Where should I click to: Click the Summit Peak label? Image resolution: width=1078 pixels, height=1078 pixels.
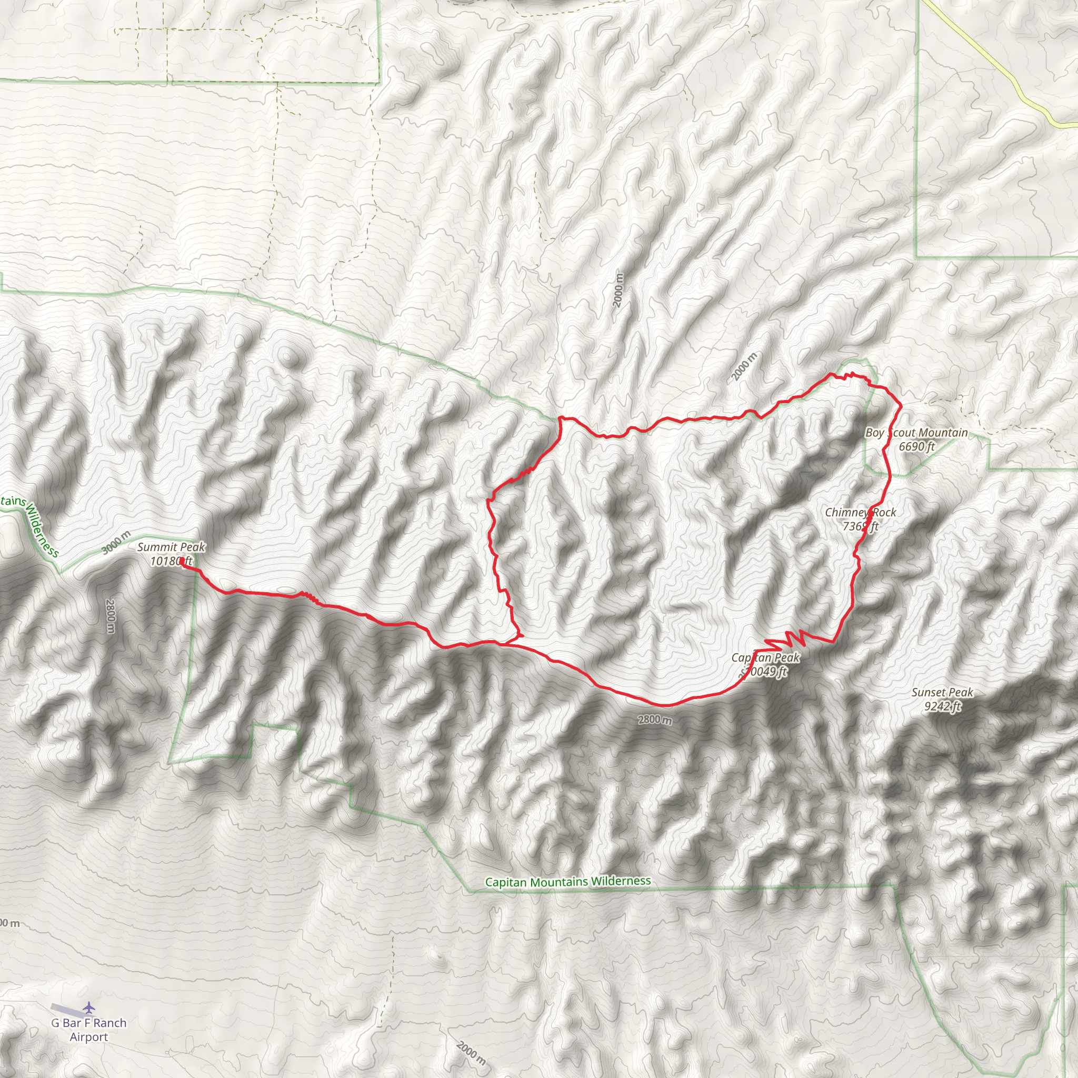click(171, 547)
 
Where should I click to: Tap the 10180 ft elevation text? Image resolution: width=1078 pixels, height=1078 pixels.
click(171, 560)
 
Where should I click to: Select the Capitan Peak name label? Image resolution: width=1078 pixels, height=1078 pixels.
click(765, 658)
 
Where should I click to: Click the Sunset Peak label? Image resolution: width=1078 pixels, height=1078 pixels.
click(942, 693)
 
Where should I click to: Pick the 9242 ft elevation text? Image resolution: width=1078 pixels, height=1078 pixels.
click(942, 706)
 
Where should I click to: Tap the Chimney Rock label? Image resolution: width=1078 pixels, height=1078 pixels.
click(861, 512)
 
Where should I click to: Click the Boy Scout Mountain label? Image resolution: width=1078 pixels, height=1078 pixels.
click(916, 433)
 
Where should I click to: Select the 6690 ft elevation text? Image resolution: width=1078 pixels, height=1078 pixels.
click(917, 446)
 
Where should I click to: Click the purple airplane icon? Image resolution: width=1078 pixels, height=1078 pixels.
click(89, 1007)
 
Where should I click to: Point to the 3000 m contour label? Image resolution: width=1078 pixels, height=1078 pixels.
click(116, 543)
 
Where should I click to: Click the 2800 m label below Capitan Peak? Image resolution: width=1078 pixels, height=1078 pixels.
click(655, 720)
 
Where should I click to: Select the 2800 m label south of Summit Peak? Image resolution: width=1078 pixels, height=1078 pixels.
click(110, 616)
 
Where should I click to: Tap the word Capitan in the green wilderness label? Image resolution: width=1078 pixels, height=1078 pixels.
click(505, 883)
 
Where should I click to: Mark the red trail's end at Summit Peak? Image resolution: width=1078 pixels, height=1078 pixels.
click(183, 561)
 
